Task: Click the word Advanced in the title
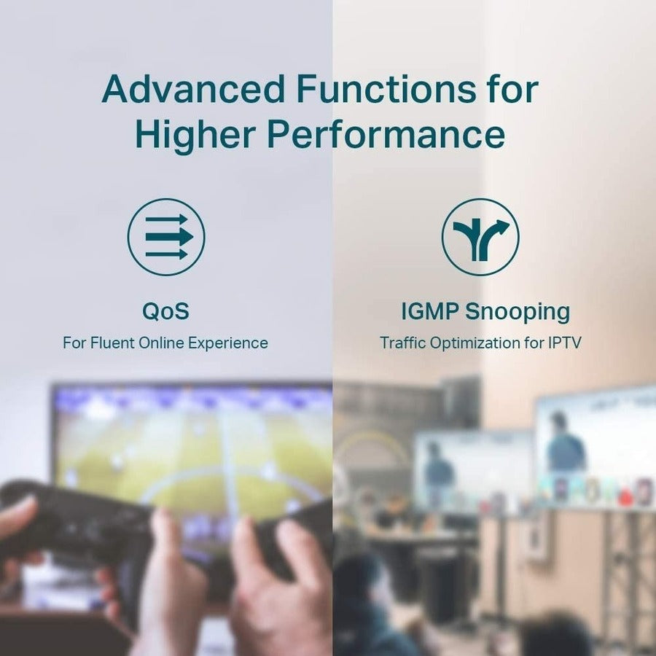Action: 192,89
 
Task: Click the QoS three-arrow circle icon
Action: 166,237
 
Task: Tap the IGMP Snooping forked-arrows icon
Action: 480,237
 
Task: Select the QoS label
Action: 165,311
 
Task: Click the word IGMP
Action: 430,311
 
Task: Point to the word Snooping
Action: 518,311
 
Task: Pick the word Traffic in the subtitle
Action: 403,343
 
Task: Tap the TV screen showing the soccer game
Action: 193,452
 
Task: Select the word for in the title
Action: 511,89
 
